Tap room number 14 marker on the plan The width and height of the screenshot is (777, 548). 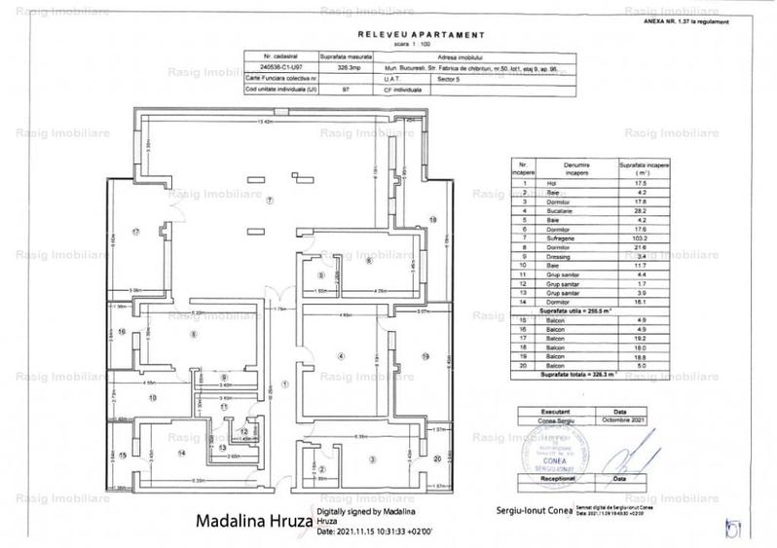(x=181, y=453)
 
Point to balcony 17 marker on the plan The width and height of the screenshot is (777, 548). (x=136, y=231)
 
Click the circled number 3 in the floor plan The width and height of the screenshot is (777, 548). (x=370, y=457)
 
